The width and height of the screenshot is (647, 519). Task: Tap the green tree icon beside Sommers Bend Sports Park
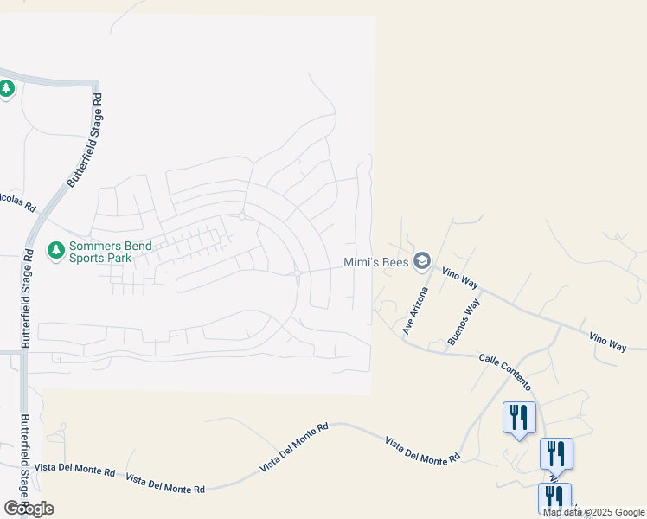pyautogui.click(x=56, y=251)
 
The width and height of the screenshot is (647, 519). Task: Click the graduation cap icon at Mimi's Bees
pyautogui.click(x=421, y=259)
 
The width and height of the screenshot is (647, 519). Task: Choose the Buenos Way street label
pyautogui.click(x=464, y=324)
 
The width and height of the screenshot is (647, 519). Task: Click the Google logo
pyautogui.click(x=29, y=509)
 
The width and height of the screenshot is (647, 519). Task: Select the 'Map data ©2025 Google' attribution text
pyautogui.click(x=593, y=512)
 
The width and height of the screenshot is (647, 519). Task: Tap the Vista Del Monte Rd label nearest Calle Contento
pyautogui.click(x=422, y=452)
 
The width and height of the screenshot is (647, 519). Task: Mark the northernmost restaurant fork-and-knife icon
pyautogui.click(x=519, y=418)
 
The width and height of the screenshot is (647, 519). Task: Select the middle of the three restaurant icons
pyautogui.click(x=556, y=453)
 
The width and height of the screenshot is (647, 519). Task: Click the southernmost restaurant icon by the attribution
pyautogui.click(x=554, y=497)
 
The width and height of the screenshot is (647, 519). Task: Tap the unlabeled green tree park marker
pyautogui.click(x=7, y=88)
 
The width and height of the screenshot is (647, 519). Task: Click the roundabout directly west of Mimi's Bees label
pyautogui.click(x=297, y=272)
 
